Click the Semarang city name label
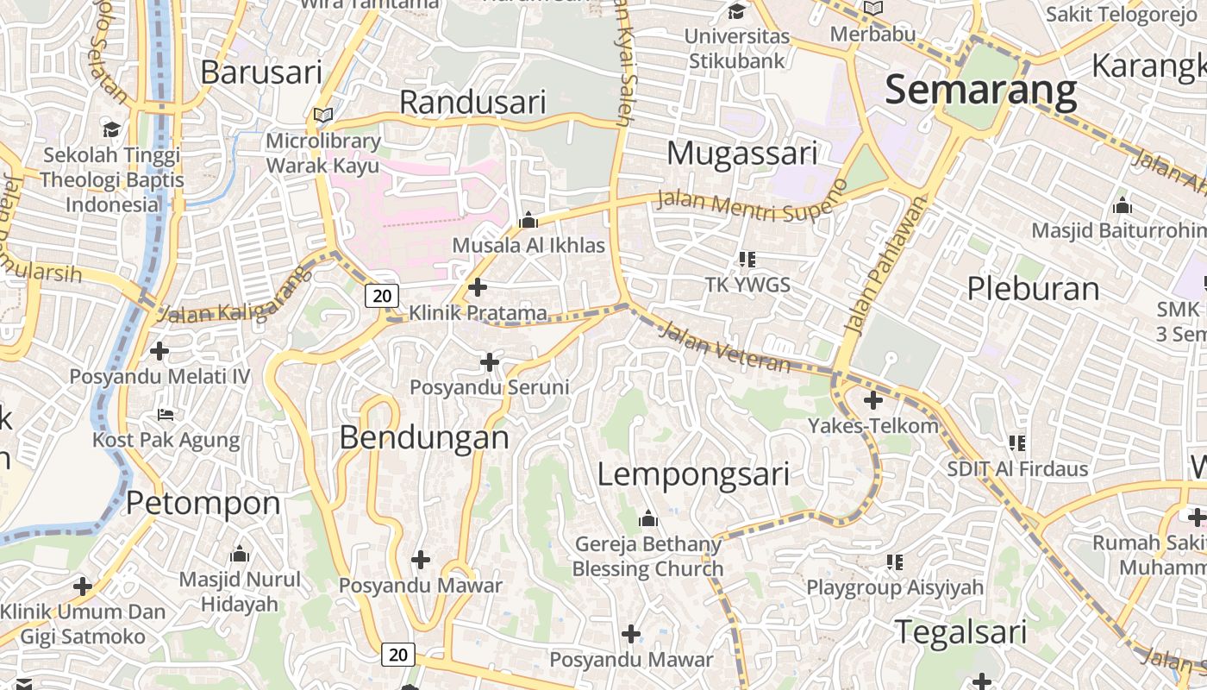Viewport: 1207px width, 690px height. click(981, 90)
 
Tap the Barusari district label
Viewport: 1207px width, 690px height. click(261, 72)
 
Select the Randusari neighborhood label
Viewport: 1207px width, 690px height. click(472, 103)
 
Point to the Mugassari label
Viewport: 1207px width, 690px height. click(741, 154)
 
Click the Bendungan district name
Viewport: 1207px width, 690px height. click(424, 437)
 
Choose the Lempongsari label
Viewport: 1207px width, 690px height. click(693, 474)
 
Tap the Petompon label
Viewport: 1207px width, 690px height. click(203, 503)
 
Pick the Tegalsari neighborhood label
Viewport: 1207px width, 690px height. click(960, 632)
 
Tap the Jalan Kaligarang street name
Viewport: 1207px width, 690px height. click(235, 298)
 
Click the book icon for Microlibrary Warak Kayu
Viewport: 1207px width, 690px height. click(323, 115)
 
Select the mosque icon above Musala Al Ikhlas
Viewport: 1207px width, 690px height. click(528, 221)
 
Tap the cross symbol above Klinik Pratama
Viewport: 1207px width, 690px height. click(478, 287)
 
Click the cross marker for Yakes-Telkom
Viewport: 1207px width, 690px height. click(873, 400)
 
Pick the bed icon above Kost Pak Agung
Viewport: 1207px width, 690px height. click(166, 415)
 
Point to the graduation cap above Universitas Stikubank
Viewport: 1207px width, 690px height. click(736, 12)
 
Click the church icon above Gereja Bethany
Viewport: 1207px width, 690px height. click(648, 518)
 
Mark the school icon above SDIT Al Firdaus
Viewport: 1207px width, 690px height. click(1017, 443)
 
